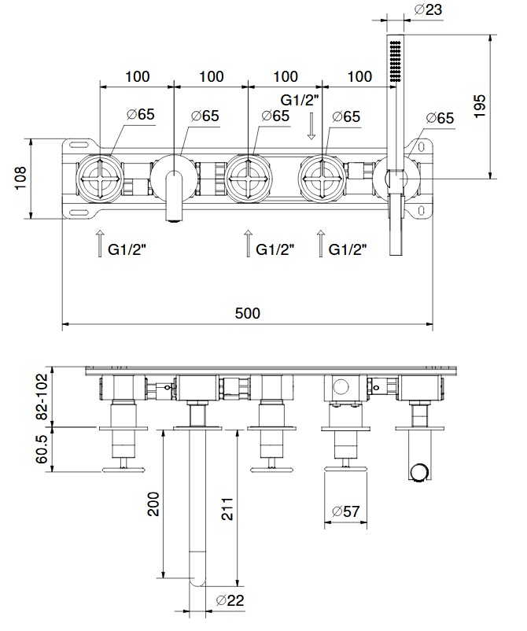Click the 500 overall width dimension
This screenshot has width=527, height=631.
[x=247, y=312]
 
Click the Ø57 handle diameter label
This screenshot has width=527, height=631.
[x=345, y=511]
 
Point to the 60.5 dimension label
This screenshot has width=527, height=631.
[x=42, y=448]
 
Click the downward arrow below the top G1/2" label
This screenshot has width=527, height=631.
[x=311, y=126]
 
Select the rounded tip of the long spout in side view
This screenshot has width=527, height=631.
[x=197, y=583]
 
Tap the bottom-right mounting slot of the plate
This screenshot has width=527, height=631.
[x=425, y=210]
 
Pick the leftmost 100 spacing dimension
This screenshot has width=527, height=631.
[x=137, y=76]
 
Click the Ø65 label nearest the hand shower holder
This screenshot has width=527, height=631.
[x=440, y=118]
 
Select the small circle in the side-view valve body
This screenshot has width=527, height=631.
[x=340, y=386]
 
